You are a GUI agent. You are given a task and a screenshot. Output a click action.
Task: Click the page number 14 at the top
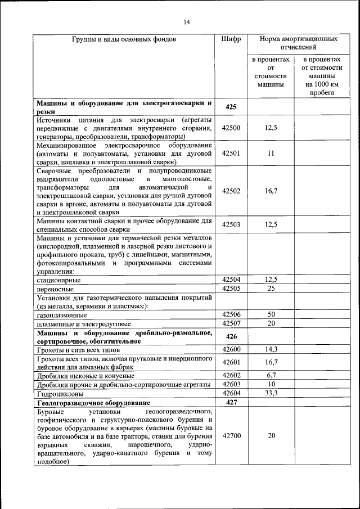[x=186, y=22]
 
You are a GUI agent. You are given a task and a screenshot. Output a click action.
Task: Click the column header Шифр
[x=231, y=40]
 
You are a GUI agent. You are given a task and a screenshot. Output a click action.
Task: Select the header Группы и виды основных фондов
[x=124, y=40]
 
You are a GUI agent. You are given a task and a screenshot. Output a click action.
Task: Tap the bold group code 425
[x=231, y=107]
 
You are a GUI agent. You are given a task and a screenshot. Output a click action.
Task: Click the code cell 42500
[x=231, y=128]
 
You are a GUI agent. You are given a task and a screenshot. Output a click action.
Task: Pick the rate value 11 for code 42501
[x=271, y=153]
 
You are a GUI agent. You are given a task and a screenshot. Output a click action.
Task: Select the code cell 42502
[x=231, y=191]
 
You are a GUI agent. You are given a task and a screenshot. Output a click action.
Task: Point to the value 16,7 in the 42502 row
[x=271, y=191]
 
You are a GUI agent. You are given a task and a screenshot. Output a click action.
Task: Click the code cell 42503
[x=231, y=225]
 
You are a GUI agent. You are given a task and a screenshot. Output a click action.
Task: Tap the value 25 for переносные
[x=271, y=289]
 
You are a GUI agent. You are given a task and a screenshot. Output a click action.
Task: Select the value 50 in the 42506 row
[x=271, y=314]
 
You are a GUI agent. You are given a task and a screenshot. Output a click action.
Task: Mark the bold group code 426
[x=231, y=336]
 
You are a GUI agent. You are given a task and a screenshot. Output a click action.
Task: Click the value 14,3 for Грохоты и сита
[x=271, y=349]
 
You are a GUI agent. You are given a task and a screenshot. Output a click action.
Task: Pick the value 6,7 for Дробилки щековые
[x=271, y=375]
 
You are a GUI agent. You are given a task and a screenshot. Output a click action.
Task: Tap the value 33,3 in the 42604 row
[x=271, y=393]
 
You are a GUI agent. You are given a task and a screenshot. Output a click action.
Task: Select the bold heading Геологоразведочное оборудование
[x=92, y=403]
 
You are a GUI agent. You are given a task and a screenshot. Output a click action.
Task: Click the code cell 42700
[x=231, y=436]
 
